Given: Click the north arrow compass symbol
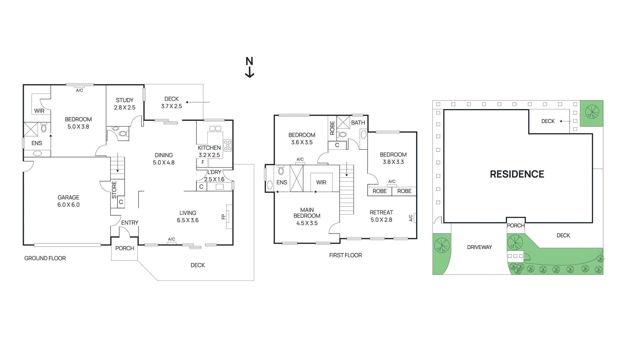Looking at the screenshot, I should (x=250, y=67).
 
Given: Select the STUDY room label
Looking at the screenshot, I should (x=125, y=100).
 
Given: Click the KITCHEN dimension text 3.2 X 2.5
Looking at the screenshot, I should (x=209, y=155).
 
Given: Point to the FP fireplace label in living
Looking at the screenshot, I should (x=224, y=216).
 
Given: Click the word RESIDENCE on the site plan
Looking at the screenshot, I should (x=517, y=174).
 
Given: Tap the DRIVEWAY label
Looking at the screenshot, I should (x=479, y=247).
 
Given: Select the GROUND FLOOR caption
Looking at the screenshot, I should (x=45, y=258).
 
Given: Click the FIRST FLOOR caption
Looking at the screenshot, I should (x=345, y=255).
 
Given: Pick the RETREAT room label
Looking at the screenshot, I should (x=381, y=213).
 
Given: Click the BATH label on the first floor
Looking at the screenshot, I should (x=358, y=123).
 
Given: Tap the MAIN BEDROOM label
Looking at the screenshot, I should (x=307, y=213).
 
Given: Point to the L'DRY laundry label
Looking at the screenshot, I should (x=214, y=172).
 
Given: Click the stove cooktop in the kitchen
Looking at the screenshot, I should (x=228, y=145).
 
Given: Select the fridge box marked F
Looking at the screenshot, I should (x=203, y=162).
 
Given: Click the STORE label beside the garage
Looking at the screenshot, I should (x=114, y=190).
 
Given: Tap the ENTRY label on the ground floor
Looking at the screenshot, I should (x=130, y=223).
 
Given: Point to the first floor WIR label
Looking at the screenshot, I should (x=321, y=182).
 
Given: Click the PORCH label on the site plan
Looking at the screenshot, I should (x=516, y=225).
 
